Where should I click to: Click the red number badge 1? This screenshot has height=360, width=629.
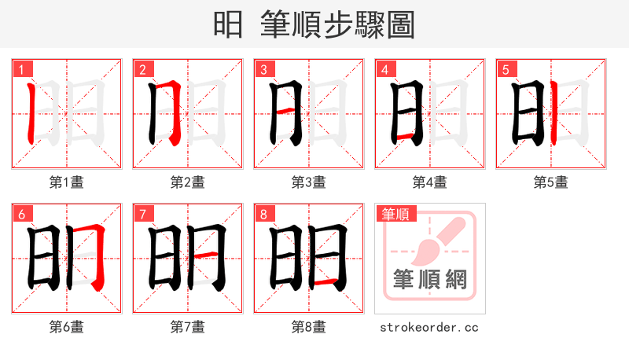click(x=20, y=69)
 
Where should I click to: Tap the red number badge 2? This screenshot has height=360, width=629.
click(x=142, y=69)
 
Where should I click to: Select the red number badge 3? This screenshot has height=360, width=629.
click(x=263, y=69)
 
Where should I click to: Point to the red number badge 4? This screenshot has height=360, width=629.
click(x=384, y=69)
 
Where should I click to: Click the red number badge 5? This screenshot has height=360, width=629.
click(x=505, y=69)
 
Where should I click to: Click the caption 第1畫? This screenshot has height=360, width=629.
click(x=66, y=182)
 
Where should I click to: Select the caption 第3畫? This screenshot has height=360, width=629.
click(x=308, y=182)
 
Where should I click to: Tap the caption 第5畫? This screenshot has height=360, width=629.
click(x=550, y=182)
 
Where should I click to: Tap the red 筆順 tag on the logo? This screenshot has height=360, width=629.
click(x=395, y=213)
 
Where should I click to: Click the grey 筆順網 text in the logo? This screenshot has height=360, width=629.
click(x=429, y=279)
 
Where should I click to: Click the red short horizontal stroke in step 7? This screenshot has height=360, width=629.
click(x=206, y=255)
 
